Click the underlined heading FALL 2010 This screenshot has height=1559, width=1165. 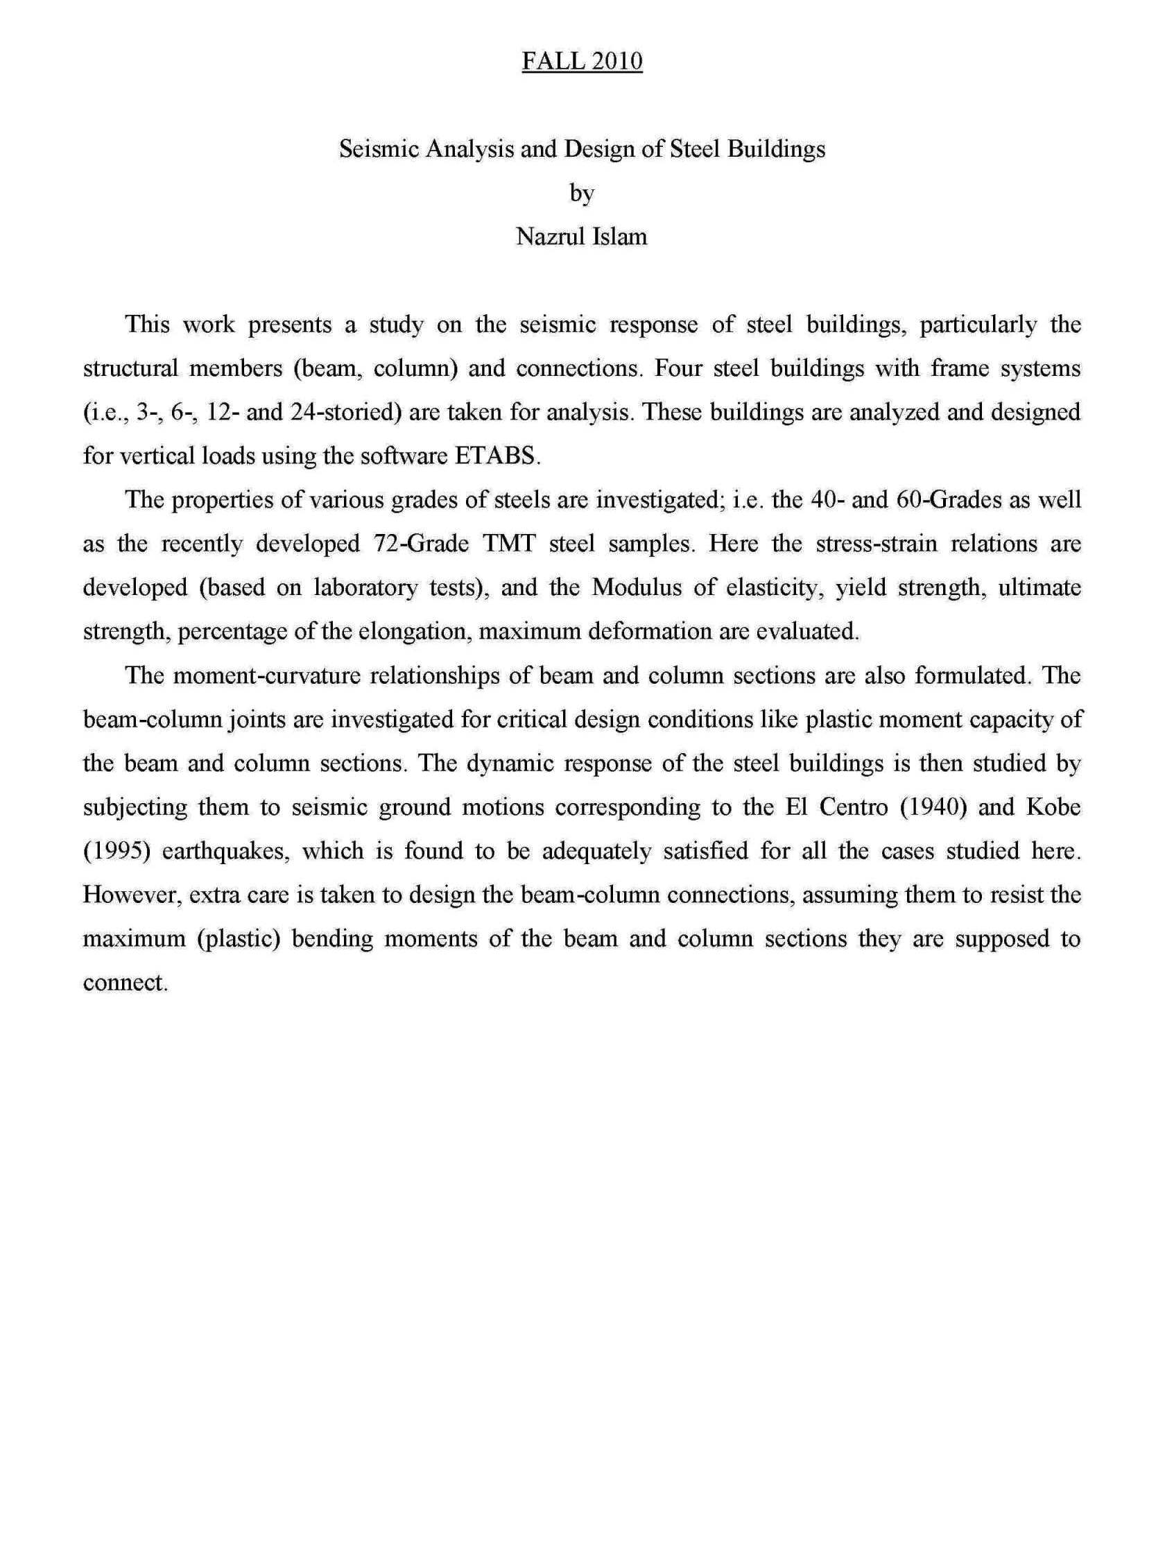(581, 61)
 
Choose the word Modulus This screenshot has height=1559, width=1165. (637, 588)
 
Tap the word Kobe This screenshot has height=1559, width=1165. (1053, 807)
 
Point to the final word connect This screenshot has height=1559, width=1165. (124, 983)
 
